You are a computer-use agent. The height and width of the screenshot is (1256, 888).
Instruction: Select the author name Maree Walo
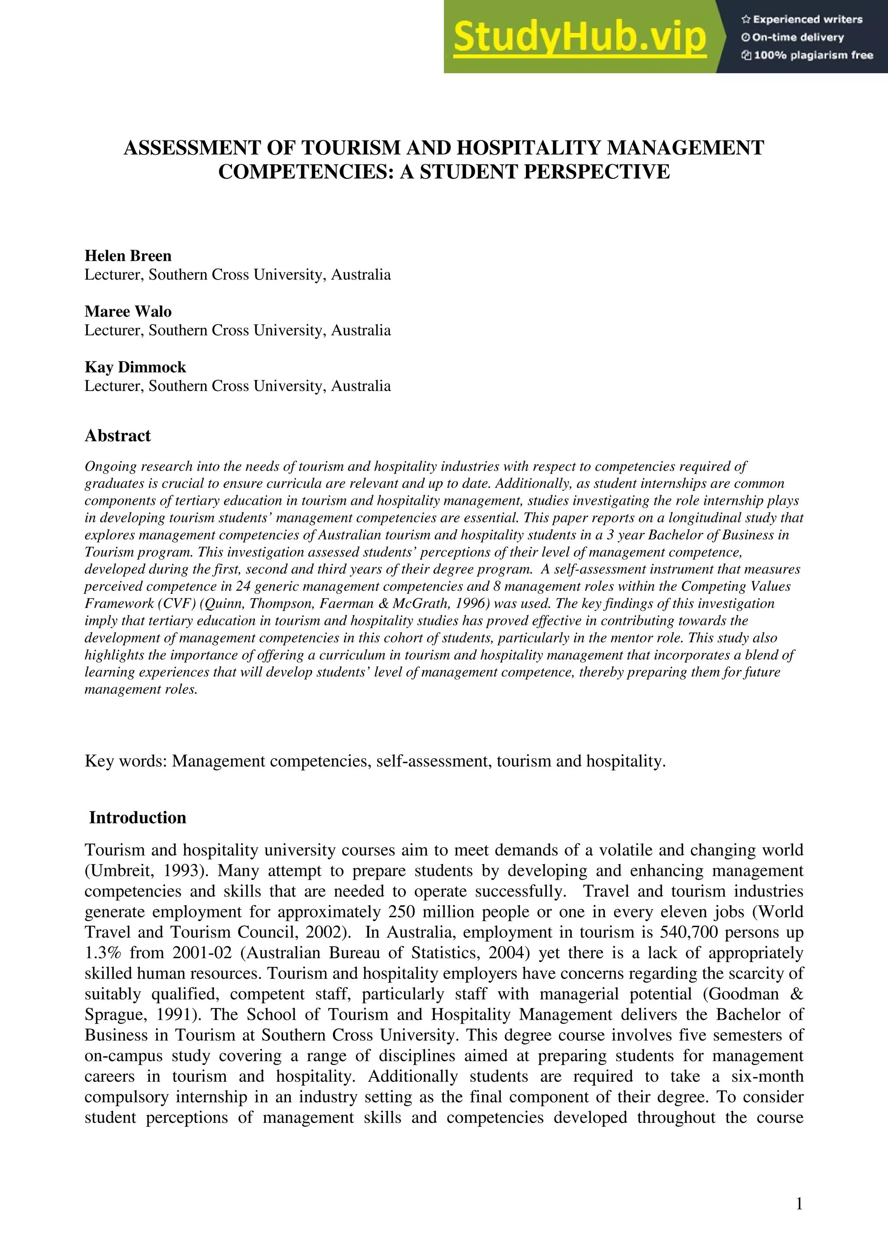128,311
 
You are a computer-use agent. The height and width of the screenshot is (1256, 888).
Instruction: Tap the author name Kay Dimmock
135,367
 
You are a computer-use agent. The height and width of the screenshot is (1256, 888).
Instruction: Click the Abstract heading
118,436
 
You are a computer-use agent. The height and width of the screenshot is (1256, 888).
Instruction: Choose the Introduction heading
137,817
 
